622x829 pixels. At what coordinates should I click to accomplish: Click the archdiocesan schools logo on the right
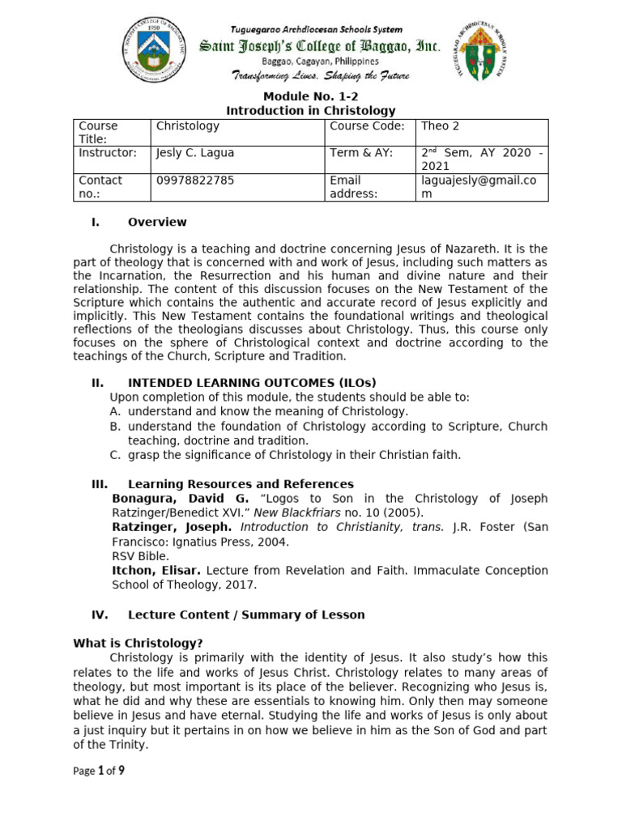click(x=480, y=51)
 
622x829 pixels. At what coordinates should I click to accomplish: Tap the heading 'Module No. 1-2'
click(x=310, y=96)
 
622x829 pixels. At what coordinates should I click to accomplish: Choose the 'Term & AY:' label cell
click(x=360, y=153)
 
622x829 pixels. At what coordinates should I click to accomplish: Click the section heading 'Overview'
click(x=157, y=222)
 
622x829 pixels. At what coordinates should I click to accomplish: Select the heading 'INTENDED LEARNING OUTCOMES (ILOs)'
click(x=252, y=383)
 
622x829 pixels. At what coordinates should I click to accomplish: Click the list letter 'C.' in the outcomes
click(x=116, y=455)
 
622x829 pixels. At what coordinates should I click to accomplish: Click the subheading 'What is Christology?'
click(x=137, y=644)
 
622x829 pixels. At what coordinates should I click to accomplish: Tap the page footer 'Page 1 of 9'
click(x=99, y=771)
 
